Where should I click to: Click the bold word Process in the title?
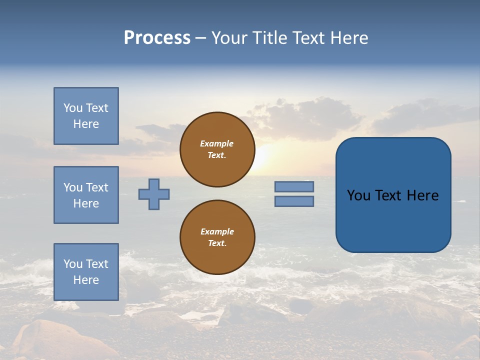[157, 38]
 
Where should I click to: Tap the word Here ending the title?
[348, 38]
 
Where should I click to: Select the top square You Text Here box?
[86, 116]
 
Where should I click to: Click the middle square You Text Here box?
[86, 195]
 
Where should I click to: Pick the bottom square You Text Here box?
[86, 272]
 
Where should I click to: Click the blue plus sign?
[154, 194]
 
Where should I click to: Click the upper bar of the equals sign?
[294, 186]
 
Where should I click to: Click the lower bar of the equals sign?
[294, 201]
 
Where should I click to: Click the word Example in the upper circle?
[216, 143]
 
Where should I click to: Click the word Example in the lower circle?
[217, 231]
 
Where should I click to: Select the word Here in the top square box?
[86, 124]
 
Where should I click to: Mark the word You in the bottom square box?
[73, 264]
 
